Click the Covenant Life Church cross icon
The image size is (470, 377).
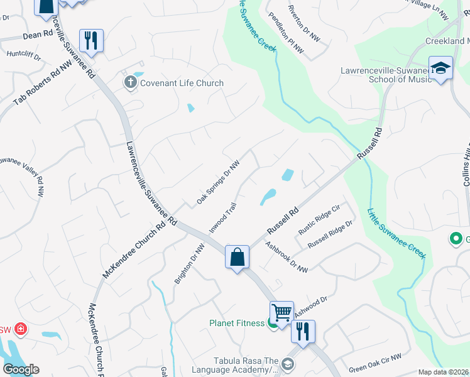(131, 82)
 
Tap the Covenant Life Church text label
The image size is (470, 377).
(182, 83)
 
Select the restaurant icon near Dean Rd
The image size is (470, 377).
(91, 41)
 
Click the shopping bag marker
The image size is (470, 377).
(237, 257)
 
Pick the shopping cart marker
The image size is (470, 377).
(281, 312)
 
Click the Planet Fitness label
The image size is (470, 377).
(236, 324)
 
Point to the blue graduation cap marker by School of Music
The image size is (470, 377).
(440, 68)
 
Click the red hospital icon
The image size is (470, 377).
(20, 329)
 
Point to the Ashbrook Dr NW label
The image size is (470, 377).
(286, 257)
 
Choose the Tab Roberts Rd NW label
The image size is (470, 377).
(43, 82)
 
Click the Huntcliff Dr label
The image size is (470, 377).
(23, 55)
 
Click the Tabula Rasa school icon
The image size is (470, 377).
(287, 364)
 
